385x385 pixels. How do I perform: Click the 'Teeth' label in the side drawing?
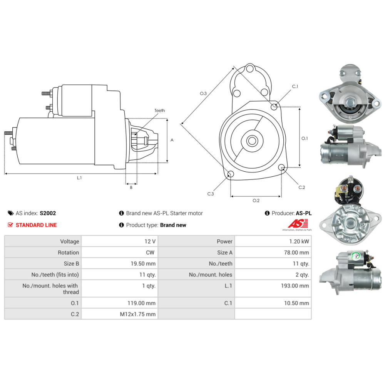[x=160, y=110]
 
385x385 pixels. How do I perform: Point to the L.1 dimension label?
[x=79, y=178]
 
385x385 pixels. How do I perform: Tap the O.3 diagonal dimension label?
[x=203, y=93]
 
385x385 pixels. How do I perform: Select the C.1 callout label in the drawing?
[x=295, y=87]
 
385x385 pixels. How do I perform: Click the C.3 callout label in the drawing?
[x=211, y=194]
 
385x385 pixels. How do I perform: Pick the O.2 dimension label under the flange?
[x=256, y=201]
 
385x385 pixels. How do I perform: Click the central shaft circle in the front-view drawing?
[x=252, y=141]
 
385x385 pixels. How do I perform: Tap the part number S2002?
[x=48, y=213]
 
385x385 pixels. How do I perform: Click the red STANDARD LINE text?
[x=36, y=225]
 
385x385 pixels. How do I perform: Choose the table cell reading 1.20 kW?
[x=300, y=241]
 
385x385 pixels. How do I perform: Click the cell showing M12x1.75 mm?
[x=138, y=314]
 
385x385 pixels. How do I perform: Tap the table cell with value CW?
[x=150, y=253]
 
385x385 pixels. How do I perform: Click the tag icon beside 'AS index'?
[x=11, y=213]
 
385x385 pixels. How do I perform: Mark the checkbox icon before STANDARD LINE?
[x=11, y=225]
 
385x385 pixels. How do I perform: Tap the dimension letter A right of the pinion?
[x=172, y=140]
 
